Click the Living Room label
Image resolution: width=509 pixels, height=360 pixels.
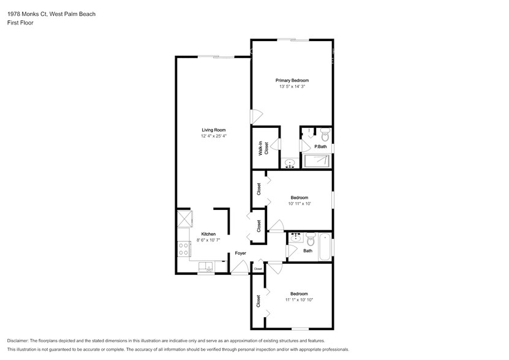click(x=214, y=130)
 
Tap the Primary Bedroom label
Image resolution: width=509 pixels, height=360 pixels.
click(x=292, y=80)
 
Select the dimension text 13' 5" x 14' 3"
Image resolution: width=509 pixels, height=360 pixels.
click(x=292, y=87)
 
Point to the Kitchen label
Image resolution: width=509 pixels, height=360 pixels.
click(x=208, y=234)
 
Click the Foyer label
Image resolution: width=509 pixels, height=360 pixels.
click(x=241, y=253)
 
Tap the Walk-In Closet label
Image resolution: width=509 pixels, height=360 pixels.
click(x=263, y=148)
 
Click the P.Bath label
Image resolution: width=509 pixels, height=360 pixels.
click(x=320, y=147)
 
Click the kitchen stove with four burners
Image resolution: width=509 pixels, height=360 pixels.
click(x=184, y=249)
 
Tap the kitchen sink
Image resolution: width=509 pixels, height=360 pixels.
click(x=206, y=267)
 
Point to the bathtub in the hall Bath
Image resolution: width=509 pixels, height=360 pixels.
click(x=325, y=247)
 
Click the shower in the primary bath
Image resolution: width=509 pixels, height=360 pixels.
click(x=317, y=161)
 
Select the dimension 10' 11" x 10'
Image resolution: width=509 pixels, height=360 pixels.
click(x=300, y=204)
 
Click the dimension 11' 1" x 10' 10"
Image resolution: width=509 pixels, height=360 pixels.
click(x=299, y=300)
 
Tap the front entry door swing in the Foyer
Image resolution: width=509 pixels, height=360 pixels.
click(x=239, y=267)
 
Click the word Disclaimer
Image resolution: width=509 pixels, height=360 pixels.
click(x=18, y=341)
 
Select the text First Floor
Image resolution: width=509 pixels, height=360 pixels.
click(x=20, y=23)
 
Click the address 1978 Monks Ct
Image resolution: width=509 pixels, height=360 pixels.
click(x=28, y=14)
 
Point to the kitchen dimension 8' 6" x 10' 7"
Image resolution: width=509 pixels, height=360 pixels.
click(x=208, y=240)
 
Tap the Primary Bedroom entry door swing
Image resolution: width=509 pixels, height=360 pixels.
click(x=257, y=117)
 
